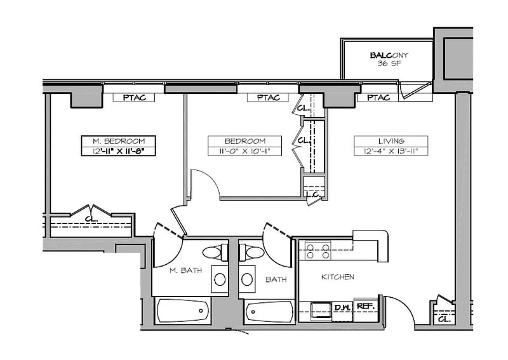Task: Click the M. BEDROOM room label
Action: pyautogui.click(x=119, y=142)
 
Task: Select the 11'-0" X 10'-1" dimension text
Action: pyautogui.click(x=244, y=151)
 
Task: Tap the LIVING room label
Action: pyautogui.click(x=391, y=142)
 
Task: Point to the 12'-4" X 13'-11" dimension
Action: pyautogui.click(x=391, y=151)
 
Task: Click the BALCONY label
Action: pyautogui.click(x=389, y=55)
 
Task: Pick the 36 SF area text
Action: pyautogui.click(x=389, y=63)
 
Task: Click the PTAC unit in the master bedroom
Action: pyautogui.click(x=134, y=98)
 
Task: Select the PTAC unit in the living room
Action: pyautogui.click(x=378, y=98)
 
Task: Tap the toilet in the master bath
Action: pyautogui.click(x=215, y=253)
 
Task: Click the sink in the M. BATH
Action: pyautogui.click(x=220, y=279)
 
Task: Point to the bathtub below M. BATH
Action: pyautogui.click(x=183, y=311)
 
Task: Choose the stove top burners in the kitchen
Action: pyautogui.click(x=318, y=251)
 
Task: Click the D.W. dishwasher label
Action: pyautogui.click(x=342, y=307)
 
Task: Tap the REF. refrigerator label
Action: pyautogui.click(x=366, y=306)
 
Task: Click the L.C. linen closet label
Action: pyautogui.click(x=313, y=194)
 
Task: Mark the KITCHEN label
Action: pyautogui.click(x=338, y=277)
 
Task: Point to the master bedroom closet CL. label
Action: pyautogui.click(x=91, y=218)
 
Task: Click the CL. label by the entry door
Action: pyautogui.click(x=444, y=319)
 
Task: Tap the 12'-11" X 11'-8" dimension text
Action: pyautogui.click(x=119, y=151)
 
